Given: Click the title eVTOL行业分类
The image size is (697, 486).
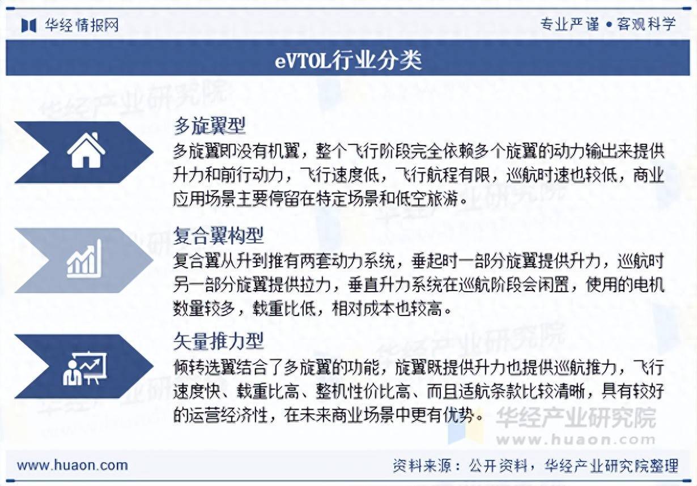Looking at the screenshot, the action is tap(348, 60).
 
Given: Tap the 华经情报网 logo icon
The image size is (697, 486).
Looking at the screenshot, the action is tap(29, 25).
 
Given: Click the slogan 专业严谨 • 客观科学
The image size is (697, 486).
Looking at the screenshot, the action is tap(608, 24).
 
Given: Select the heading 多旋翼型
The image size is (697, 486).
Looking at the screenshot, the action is tap(210, 126).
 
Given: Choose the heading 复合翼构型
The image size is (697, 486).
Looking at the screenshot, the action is tap(218, 236).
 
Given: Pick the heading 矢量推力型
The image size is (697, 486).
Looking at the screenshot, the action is tap(218, 341).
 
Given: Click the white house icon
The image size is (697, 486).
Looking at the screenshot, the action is tap(86, 151).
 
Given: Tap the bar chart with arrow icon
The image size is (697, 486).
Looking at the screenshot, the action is tap(84, 259).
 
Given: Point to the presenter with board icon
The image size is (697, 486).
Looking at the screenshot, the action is tap(84, 368).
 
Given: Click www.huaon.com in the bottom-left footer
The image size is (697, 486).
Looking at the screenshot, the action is tap(73, 466).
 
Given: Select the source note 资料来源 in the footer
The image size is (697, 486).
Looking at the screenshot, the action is tap(422, 466).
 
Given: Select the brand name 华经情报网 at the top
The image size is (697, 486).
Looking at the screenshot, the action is tap(82, 25).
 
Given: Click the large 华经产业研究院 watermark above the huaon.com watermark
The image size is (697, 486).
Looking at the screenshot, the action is tap(576, 417).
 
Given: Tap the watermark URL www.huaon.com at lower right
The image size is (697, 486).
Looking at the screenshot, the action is tap(576, 440).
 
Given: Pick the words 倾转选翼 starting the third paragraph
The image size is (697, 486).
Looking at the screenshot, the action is tap(205, 367).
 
